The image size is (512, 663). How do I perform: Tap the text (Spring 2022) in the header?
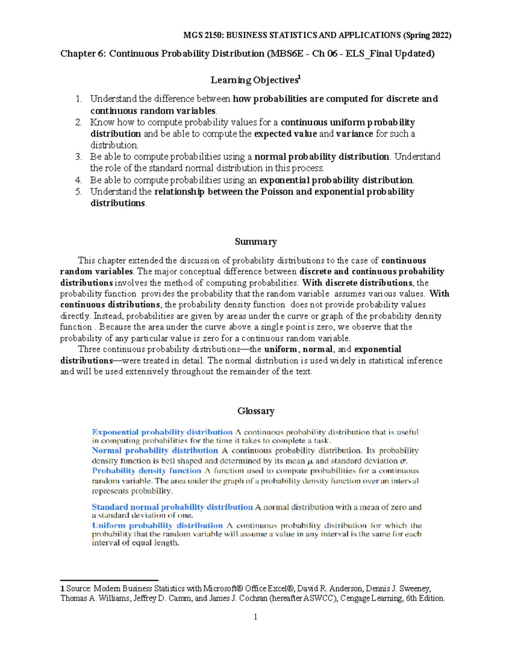point(427,35)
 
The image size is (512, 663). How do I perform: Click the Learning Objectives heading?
point(254,80)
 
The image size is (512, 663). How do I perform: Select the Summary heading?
point(256,242)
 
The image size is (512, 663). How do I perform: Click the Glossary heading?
point(256,411)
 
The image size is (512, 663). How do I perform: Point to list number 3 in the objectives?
point(79,157)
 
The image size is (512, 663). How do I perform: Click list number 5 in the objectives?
point(79,192)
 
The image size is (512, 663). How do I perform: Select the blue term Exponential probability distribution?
point(162,432)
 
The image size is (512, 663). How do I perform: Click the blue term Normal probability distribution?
point(155,450)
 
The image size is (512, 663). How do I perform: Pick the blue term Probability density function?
point(146,471)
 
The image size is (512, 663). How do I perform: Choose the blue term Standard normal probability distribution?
point(172,507)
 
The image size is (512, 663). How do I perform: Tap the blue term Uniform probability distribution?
point(157,526)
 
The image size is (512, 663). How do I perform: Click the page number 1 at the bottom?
point(256,616)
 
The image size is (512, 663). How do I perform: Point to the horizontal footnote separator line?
point(109,581)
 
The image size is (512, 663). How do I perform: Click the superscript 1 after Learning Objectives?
point(299,78)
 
